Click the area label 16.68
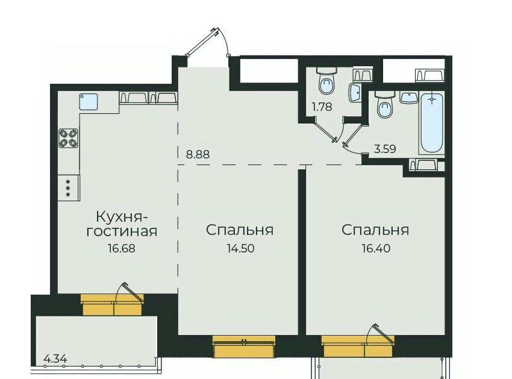pyautogui.click(x=121, y=248)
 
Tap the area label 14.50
pyautogui.click(x=241, y=248)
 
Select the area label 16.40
pyautogui.click(x=376, y=248)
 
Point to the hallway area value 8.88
pyautogui.click(x=198, y=154)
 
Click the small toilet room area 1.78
pyautogui.click(x=322, y=107)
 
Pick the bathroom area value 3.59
pyautogui.click(x=385, y=149)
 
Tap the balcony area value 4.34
pyautogui.click(x=55, y=359)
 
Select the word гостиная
pyautogui.click(x=122, y=231)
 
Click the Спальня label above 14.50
pyautogui.click(x=240, y=230)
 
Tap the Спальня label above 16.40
pyautogui.click(x=375, y=230)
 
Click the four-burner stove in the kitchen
pyautogui.click(x=69, y=138)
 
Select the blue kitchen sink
pyautogui.click(x=89, y=102)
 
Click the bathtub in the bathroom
pyautogui.click(x=432, y=123)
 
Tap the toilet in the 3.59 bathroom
pyautogui.click(x=385, y=105)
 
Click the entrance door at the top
pyautogui.click(x=207, y=42)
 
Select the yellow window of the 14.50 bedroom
pyautogui.click(x=244, y=347)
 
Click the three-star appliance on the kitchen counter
pyautogui.click(x=69, y=187)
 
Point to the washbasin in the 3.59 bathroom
pyautogui.click(x=409, y=98)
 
